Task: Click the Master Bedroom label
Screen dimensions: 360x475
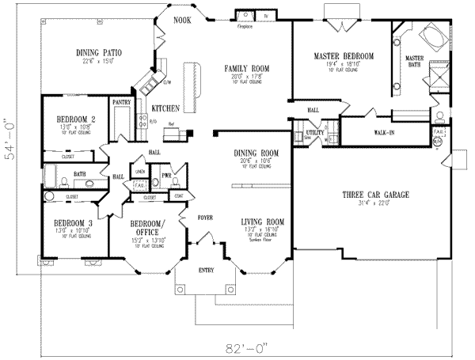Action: (x=344, y=55)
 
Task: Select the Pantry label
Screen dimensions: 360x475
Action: (x=121, y=102)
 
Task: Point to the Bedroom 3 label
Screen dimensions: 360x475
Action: (x=64, y=222)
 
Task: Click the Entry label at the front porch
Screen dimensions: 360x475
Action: (x=207, y=271)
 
